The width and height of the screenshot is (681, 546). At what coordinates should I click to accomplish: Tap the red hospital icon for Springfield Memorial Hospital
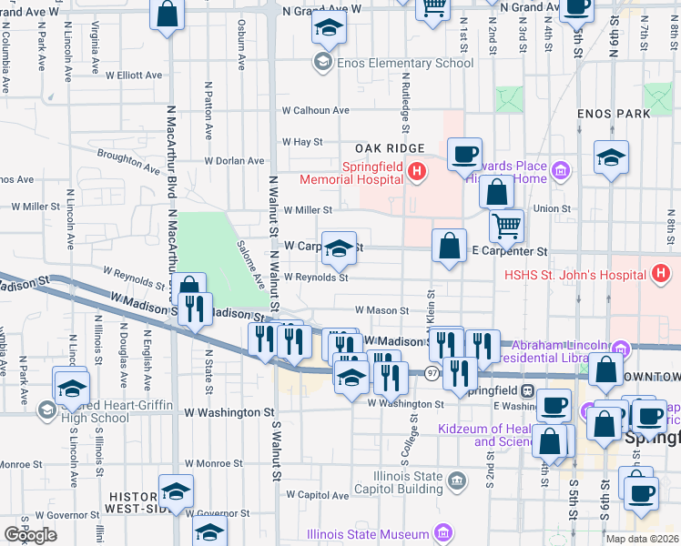tap(417, 171)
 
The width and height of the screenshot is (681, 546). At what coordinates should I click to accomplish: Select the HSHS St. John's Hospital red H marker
tap(661, 272)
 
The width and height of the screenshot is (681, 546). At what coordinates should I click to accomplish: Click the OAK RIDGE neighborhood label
tap(390, 148)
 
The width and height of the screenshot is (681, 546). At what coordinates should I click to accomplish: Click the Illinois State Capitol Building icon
tap(458, 479)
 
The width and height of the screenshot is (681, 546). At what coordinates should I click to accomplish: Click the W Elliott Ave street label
tap(133, 76)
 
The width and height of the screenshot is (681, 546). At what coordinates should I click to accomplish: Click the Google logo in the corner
tap(31, 534)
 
